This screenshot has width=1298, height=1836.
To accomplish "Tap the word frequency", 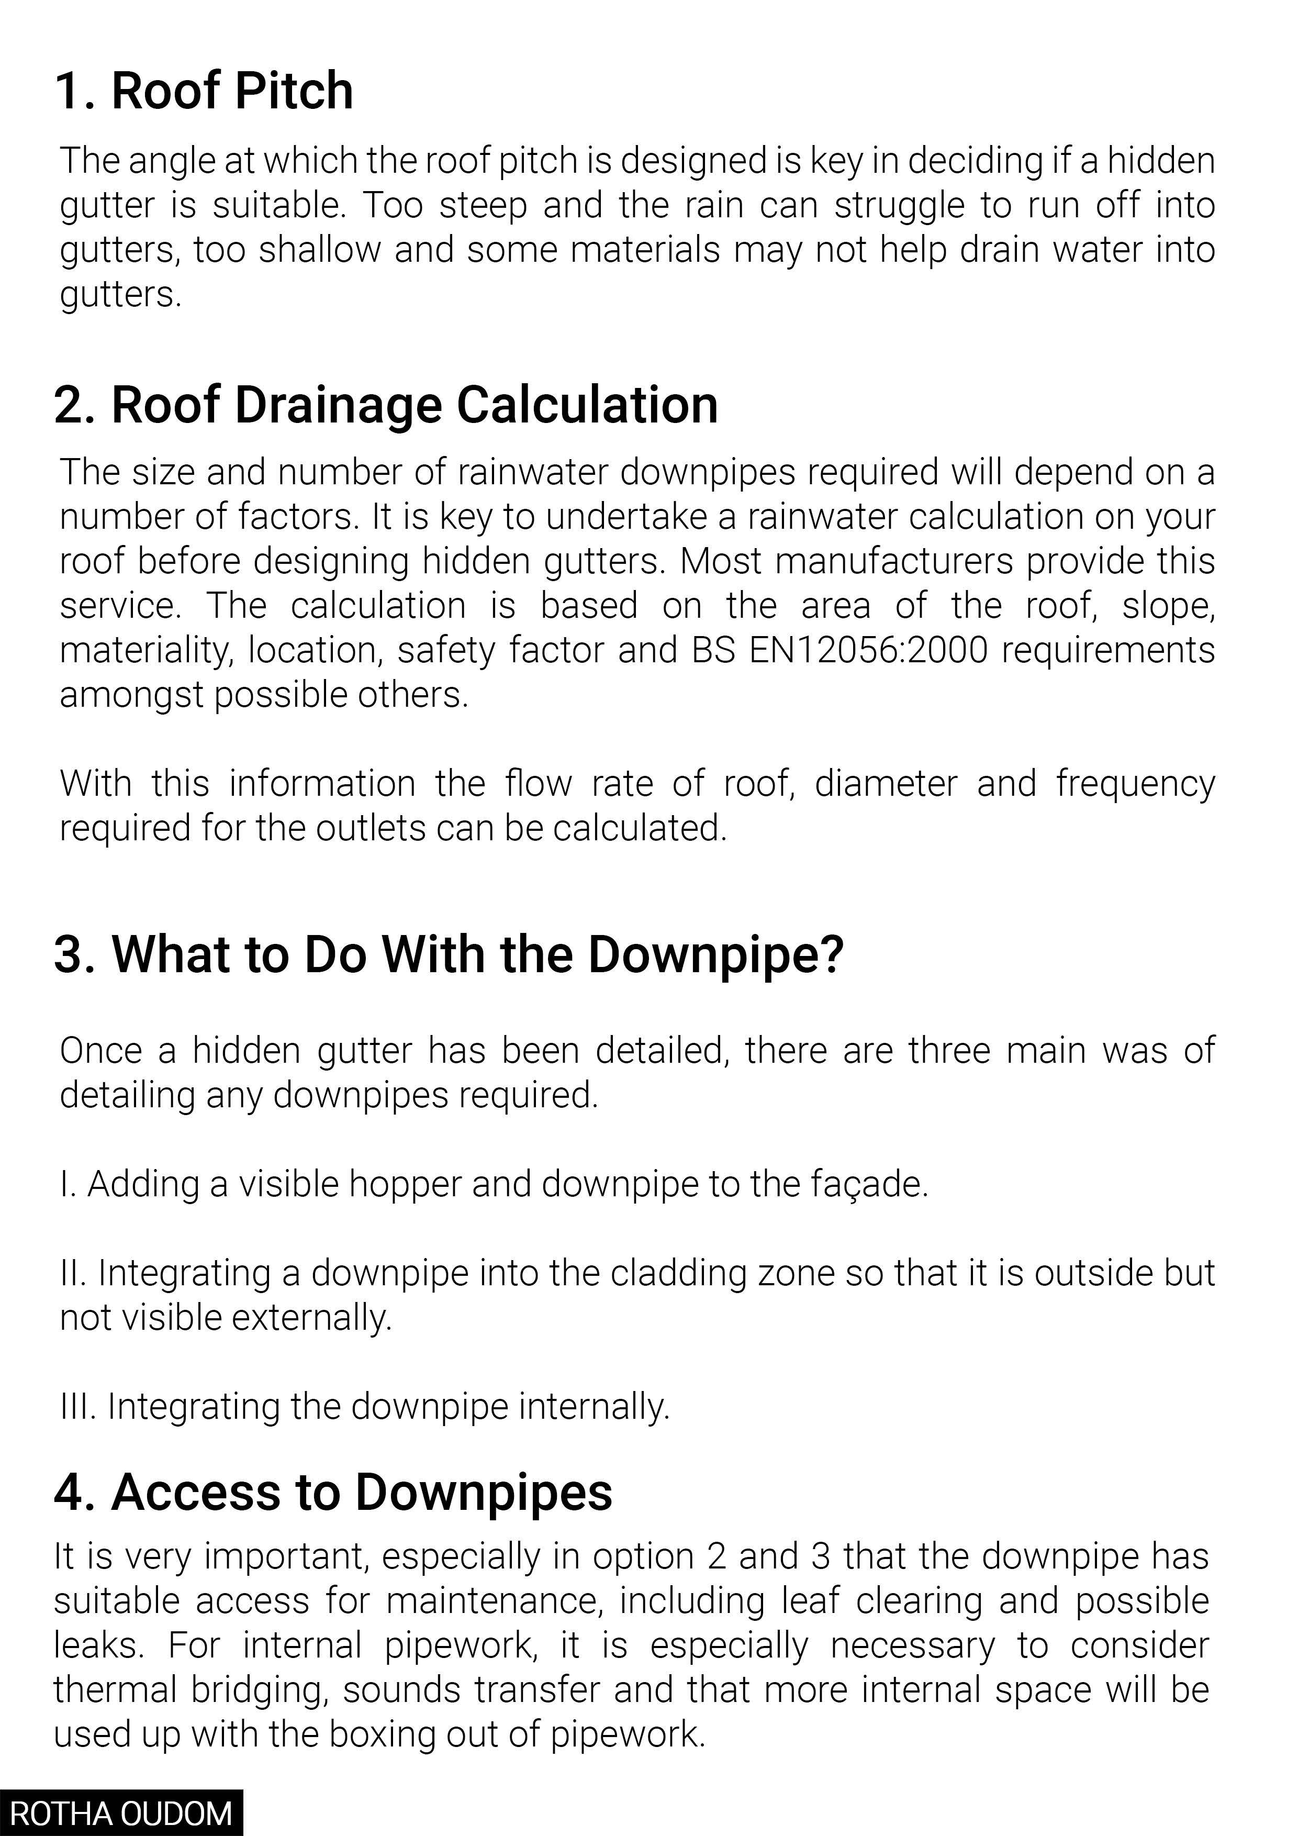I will (1135, 784).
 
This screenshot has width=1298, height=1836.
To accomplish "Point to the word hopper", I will (405, 1184).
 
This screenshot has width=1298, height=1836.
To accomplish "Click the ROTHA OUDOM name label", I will (121, 1813).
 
